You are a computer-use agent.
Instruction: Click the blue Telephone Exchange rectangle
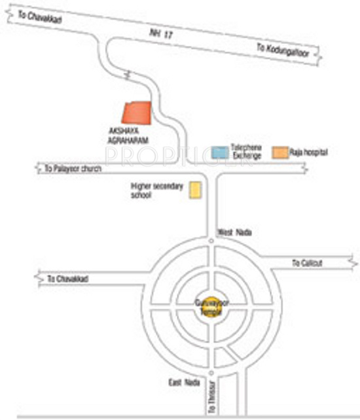pyautogui.click(x=221, y=153)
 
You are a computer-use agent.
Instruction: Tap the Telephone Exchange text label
pyautogui.click(x=247, y=152)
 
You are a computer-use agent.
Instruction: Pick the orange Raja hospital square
pyautogui.click(x=281, y=152)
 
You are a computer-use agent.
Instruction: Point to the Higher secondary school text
pyautogui.click(x=151, y=190)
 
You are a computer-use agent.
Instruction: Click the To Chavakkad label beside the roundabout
pyautogui.click(x=67, y=279)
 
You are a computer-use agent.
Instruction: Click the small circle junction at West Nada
pyautogui.click(x=211, y=241)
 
